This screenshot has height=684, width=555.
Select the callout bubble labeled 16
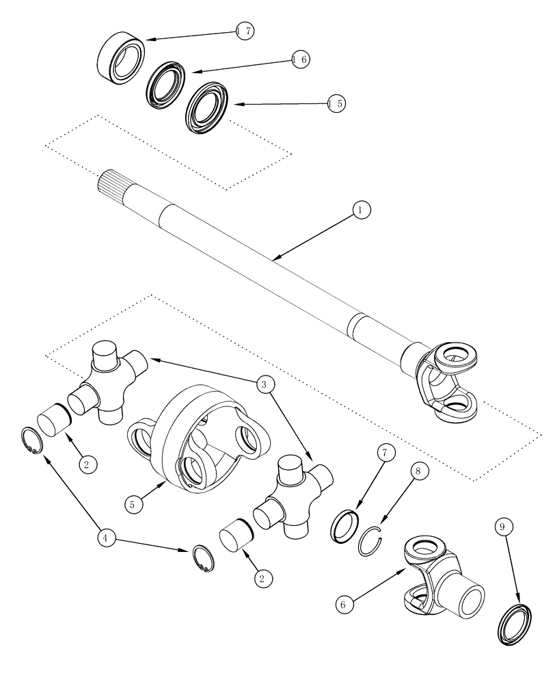tap(300, 60)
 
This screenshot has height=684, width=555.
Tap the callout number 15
tap(336, 104)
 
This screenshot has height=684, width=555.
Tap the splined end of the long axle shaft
tap(113, 184)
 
